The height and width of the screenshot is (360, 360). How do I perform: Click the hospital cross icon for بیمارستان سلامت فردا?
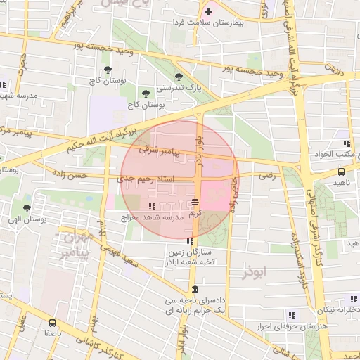click(x=208, y=12)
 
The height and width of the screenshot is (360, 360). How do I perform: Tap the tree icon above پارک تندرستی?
click(x=179, y=77)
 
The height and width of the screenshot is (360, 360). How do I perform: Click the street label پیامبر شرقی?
click(x=160, y=150)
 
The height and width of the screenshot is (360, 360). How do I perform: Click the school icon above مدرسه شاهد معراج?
click(x=152, y=206)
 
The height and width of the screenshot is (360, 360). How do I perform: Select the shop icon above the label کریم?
click(x=195, y=202)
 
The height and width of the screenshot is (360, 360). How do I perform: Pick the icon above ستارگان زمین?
click(x=188, y=243)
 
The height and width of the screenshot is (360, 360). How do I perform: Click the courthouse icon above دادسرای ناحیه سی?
click(x=194, y=290)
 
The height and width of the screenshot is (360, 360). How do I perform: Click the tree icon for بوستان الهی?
click(x=27, y=208)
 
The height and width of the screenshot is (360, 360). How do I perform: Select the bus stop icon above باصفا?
click(x=52, y=324)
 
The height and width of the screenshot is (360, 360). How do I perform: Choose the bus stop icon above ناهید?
click(x=341, y=171)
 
